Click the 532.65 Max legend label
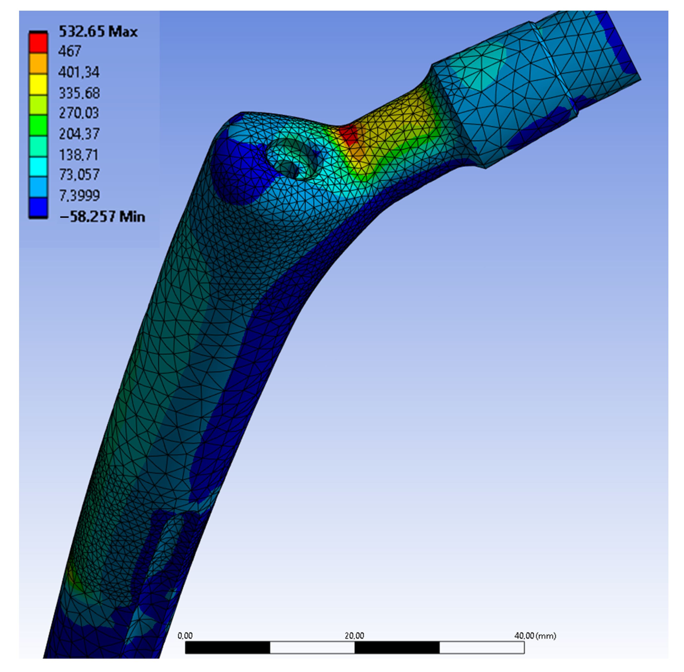click(x=98, y=32)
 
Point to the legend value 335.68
click(x=79, y=93)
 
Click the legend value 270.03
click(x=79, y=113)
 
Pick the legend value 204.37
click(x=79, y=134)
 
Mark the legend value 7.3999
click(x=79, y=195)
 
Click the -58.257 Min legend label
click(x=102, y=216)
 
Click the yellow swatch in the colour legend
click(x=38, y=84)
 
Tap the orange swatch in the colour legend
click(x=38, y=63)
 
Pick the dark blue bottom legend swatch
click(x=38, y=207)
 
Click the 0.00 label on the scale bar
click(x=185, y=635)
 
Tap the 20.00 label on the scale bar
click(x=354, y=635)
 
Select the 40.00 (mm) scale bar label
click(x=535, y=635)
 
